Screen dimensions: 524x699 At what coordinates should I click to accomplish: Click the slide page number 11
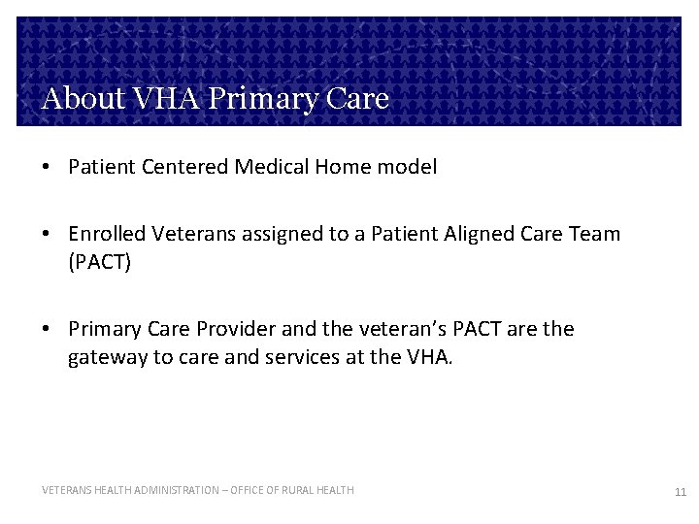pos(680,492)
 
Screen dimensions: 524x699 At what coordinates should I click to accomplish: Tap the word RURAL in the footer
pos(290,490)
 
